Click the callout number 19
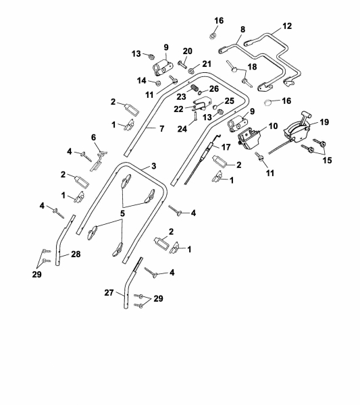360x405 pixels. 324,122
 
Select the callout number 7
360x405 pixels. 162,128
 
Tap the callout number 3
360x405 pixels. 154,166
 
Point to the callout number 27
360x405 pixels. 109,293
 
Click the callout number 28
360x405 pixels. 76,254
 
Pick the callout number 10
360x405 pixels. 273,126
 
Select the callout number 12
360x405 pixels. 287,26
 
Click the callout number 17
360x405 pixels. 226,147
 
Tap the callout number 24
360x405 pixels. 182,129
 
